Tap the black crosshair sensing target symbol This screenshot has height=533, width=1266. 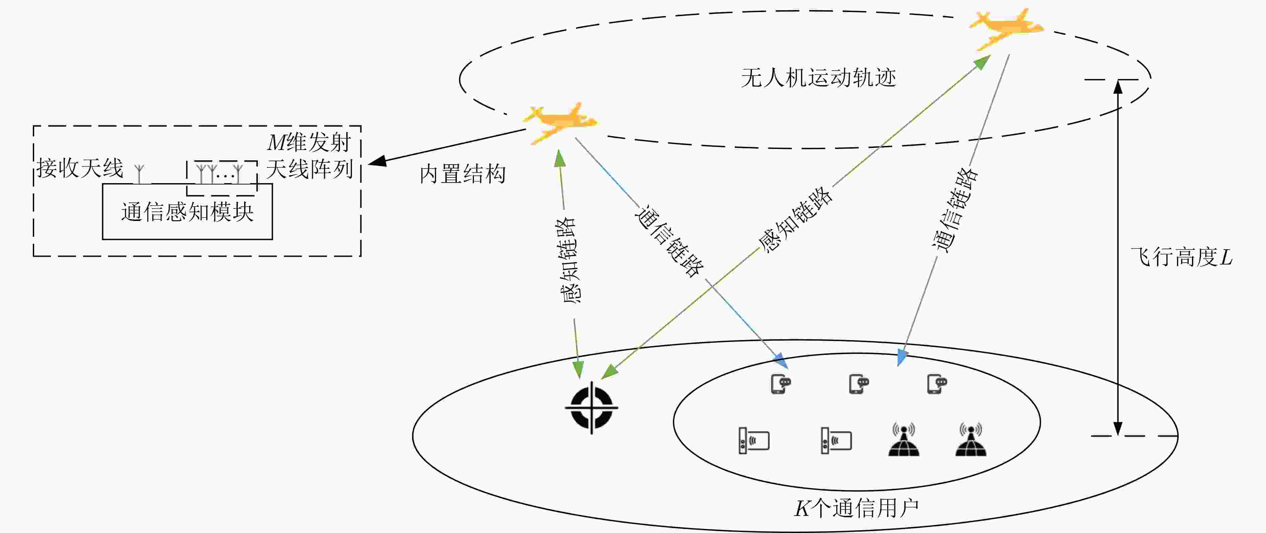pos(591,407)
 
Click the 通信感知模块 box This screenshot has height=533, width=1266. pos(187,212)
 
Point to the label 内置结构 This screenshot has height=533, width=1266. pos(463,174)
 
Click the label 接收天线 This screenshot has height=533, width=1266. pos(80,168)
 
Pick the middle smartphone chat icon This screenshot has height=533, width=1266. pos(859,384)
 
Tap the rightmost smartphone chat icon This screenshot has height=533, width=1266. pos(937,384)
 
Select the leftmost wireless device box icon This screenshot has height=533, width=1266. pos(754,441)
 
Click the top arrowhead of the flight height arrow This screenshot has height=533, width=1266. pos(1118,87)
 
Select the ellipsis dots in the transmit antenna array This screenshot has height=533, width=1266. pos(225,175)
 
